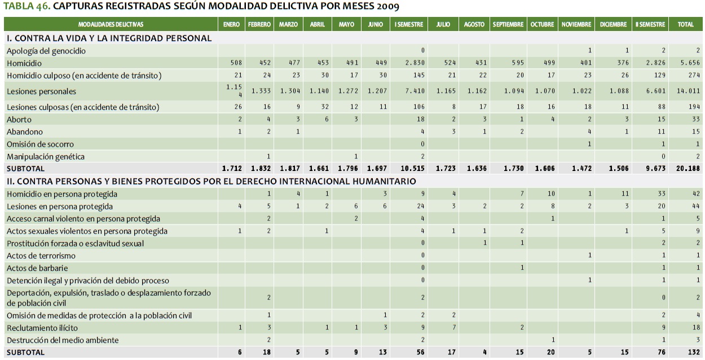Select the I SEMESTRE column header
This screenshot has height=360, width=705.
tap(408, 25)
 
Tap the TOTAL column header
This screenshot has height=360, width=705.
tap(685, 25)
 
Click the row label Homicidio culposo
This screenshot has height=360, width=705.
tap(84, 76)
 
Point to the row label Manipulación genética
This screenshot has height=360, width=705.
tap(46, 156)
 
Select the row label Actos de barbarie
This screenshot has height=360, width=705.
tap(37, 268)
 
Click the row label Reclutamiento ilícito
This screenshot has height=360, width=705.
tap(42, 328)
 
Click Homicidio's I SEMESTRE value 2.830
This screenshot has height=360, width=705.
tap(416, 63)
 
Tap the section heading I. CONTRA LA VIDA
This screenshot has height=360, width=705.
tap(109, 38)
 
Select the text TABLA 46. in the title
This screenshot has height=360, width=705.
tap(26, 7)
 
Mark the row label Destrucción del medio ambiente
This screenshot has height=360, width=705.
tap(63, 340)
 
